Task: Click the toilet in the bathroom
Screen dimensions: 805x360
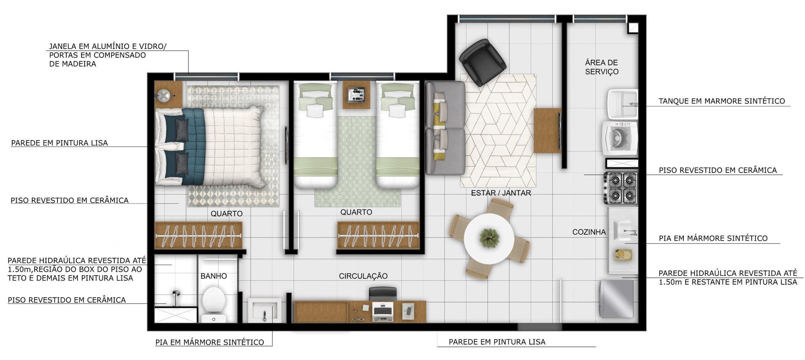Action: click(x=214, y=305)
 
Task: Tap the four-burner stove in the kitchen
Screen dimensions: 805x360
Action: click(x=621, y=188)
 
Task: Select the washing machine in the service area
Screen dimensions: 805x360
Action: click(x=620, y=138)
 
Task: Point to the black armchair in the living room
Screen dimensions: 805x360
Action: click(x=483, y=62)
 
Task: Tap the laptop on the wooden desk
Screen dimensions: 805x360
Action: click(x=383, y=312)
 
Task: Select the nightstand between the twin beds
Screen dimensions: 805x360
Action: click(x=356, y=95)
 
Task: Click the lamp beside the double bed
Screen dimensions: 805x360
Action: click(x=164, y=94)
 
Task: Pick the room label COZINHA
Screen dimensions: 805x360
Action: click(x=589, y=232)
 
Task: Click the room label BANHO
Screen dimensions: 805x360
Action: click(x=214, y=276)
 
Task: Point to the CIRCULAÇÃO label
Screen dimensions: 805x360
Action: click(x=363, y=276)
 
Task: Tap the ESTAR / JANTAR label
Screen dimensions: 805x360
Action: click(x=501, y=193)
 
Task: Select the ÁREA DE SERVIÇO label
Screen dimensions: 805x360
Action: click(x=602, y=67)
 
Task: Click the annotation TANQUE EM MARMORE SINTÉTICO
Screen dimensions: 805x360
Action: click(x=722, y=101)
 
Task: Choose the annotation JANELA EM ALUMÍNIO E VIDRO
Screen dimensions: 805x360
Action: click(x=108, y=46)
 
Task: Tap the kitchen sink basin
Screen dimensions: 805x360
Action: click(x=625, y=230)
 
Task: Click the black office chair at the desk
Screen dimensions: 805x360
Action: click(x=383, y=294)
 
